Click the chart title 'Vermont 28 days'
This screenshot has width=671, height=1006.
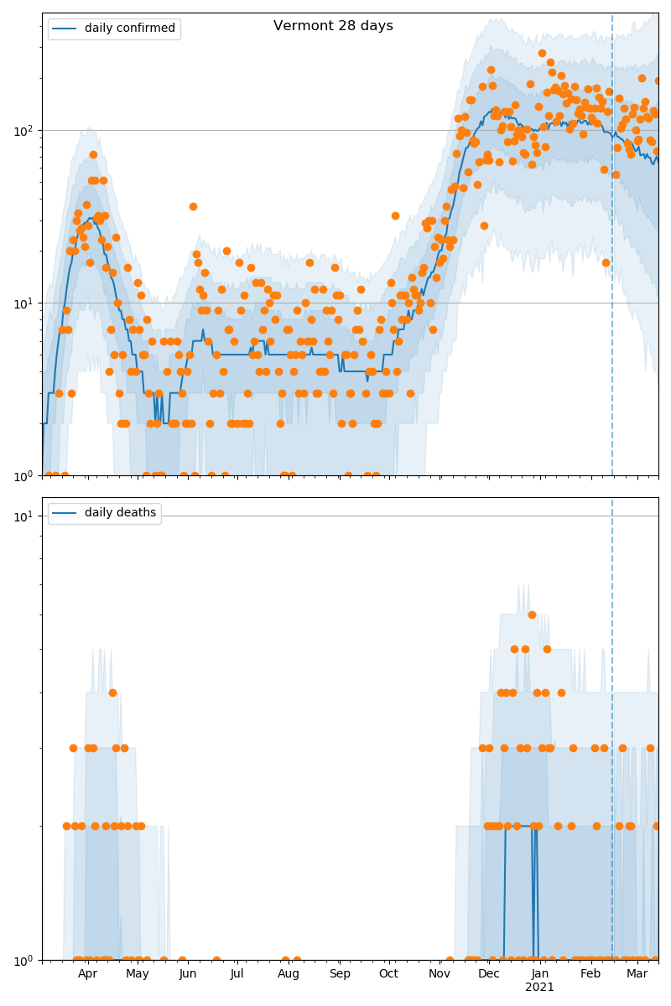[333, 26]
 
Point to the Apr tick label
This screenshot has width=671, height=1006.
[87, 974]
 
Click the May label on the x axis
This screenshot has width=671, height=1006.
[138, 974]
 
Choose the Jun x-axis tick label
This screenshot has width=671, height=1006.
[188, 974]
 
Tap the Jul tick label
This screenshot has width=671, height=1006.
[237, 974]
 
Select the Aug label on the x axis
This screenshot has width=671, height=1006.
[289, 974]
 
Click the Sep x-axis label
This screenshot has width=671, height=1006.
[340, 974]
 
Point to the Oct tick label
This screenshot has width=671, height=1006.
[389, 974]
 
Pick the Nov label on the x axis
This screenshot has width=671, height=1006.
[440, 974]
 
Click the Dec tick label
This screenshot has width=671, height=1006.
[489, 974]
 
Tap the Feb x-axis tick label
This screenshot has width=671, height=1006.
[590, 974]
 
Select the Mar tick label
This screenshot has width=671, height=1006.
[637, 974]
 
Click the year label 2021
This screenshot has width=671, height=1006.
[539, 988]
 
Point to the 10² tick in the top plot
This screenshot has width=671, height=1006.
[25, 130]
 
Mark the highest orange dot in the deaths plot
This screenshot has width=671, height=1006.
[532, 614]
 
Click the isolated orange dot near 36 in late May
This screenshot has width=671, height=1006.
[193, 206]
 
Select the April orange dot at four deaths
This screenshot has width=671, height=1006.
[112, 692]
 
